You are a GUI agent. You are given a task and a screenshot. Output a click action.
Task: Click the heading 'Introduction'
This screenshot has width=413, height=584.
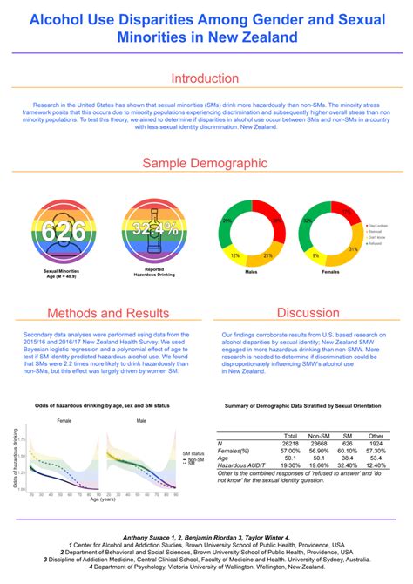coord(206,78)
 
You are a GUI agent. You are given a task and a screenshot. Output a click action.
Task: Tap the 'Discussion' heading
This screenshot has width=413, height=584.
coord(308,313)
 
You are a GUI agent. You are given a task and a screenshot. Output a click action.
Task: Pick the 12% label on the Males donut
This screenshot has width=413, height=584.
coord(234,255)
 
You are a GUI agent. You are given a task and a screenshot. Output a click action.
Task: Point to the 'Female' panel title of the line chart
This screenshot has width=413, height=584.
coord(64,421)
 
